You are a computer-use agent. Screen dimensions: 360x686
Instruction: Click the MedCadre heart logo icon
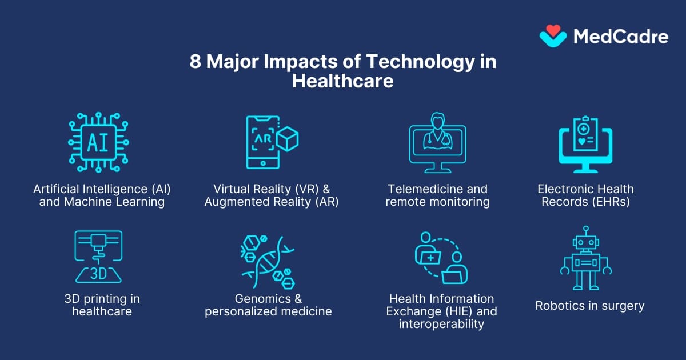point(553,35)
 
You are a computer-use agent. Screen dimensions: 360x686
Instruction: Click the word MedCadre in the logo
point(620,37)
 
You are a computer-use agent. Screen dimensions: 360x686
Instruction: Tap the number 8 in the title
point(196,62)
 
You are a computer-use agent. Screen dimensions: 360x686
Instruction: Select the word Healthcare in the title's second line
point(343,81)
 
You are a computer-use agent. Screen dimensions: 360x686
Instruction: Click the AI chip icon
point(98,142)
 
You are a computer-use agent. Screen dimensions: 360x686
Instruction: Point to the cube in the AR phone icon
point(288,139)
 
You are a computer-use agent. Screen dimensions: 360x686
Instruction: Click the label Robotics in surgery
point(589,306)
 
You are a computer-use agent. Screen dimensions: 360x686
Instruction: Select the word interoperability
point(435,325)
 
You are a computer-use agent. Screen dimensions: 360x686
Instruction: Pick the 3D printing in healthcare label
point(102,305)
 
